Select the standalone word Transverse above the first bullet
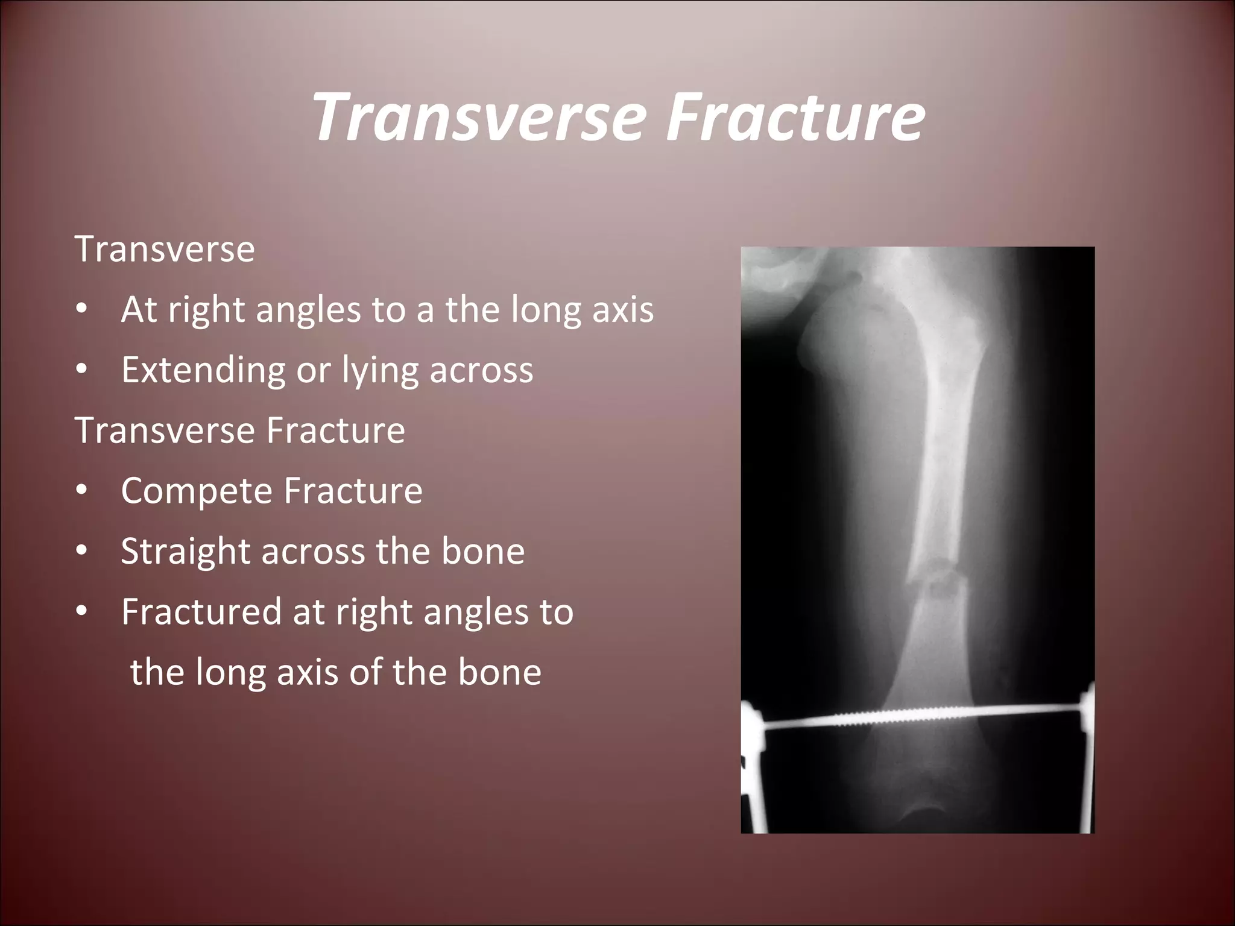(x=165, y=249)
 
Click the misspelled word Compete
(x=197, y=491)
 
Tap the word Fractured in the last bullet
(x=201, y=612)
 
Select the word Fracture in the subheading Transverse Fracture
(x=336, y=430)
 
